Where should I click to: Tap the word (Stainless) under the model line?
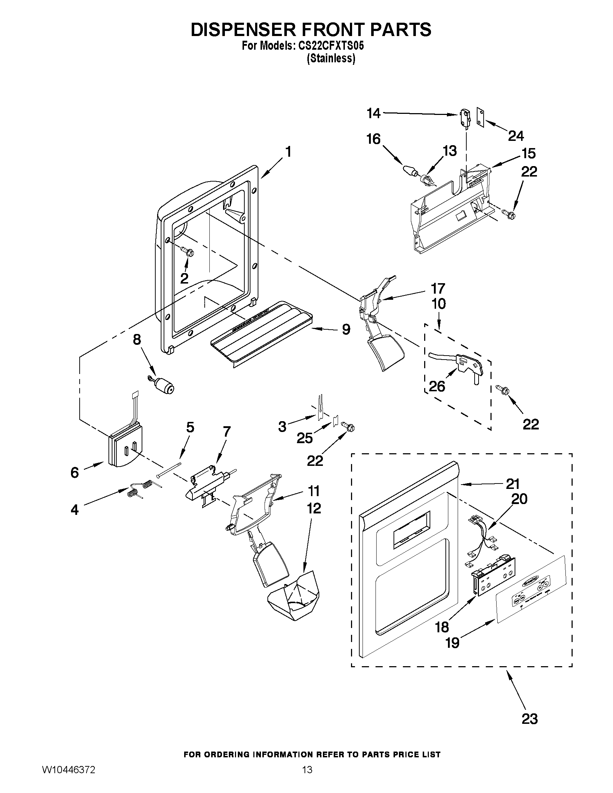(330, 58)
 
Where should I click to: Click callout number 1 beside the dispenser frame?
(288, 151)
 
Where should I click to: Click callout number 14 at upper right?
(373, 113)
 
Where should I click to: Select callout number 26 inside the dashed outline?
(437, 386)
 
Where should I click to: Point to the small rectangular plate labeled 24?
(481, 118)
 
